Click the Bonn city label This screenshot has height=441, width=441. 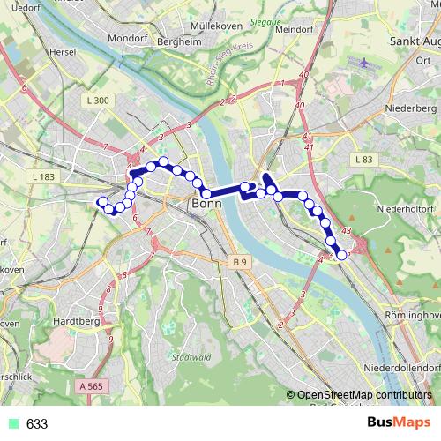click(206, 205)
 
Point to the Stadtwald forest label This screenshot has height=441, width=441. click(191, 357)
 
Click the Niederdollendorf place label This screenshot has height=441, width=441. click(406, 365)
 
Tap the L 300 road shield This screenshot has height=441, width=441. click(98, 101)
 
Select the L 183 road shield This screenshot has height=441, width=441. click(42, 178)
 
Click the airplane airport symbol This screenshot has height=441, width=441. click(367, 64)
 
